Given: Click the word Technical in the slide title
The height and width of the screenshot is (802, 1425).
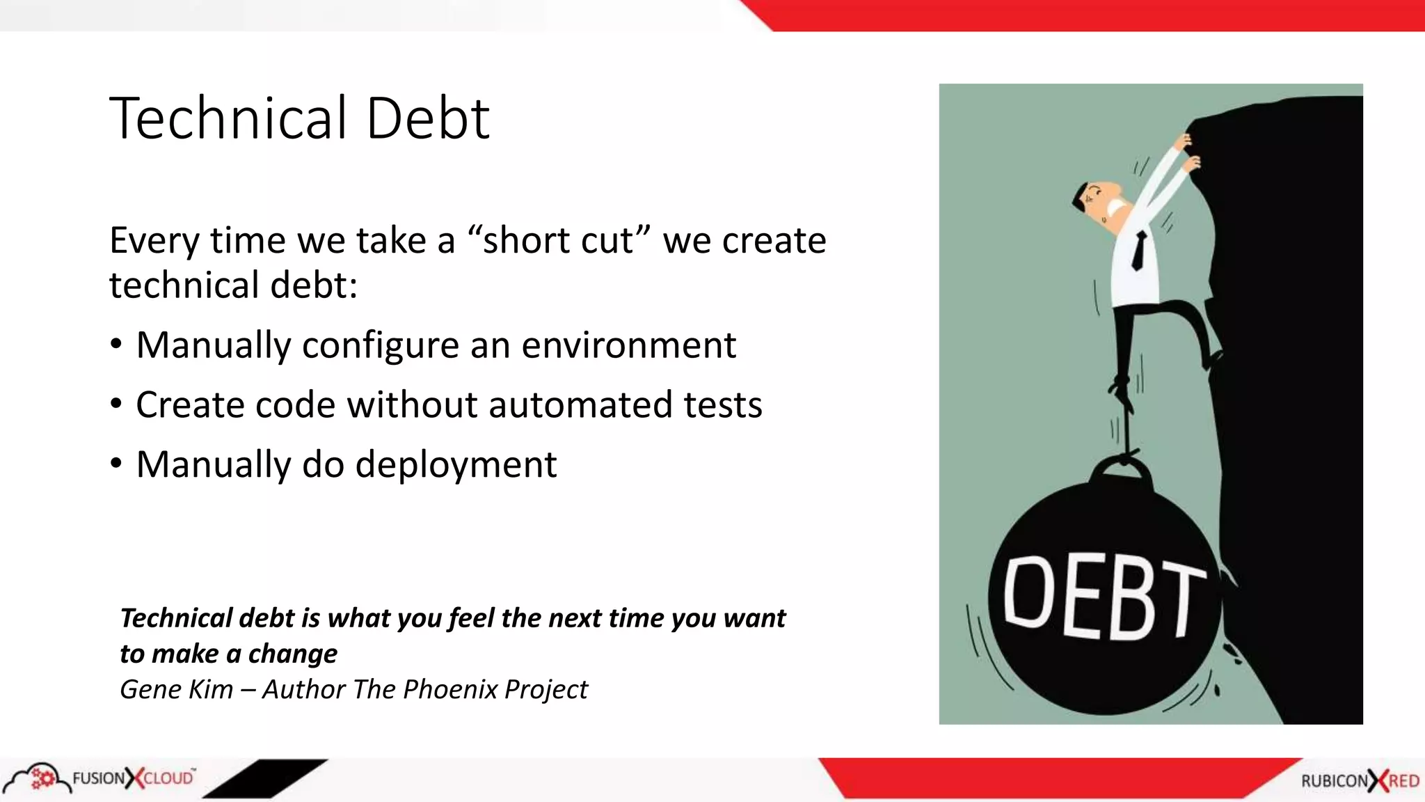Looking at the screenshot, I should click(x=228, y=118).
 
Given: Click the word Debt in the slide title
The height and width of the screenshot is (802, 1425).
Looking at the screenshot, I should click(x=427, y=118).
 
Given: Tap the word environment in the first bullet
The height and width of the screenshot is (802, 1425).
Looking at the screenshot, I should click(x=628, y=345).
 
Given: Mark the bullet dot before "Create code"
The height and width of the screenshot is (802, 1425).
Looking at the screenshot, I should click(x=116, y=404).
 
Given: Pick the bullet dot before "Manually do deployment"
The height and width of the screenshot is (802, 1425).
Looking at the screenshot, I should click(x=116, y=464).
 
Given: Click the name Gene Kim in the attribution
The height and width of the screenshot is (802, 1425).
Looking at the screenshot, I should click(x=176, y=689).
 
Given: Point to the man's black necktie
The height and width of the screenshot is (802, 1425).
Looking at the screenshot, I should click(x=1139, y=251).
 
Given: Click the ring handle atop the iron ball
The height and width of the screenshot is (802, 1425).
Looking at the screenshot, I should click(x=1122, y=468).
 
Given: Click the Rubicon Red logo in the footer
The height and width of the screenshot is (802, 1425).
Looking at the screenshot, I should click(x=1360, y=781).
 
